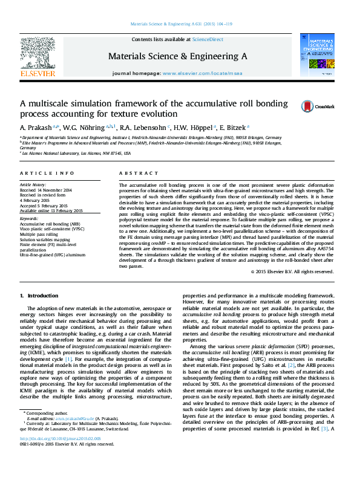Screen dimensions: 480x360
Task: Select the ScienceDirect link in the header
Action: [x=208, y=40]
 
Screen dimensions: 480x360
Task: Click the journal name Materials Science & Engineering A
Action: [x=177, y=56]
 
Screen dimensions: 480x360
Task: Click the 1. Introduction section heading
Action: [x=39, y=296]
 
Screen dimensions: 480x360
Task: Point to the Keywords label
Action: [x=29, y=218]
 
